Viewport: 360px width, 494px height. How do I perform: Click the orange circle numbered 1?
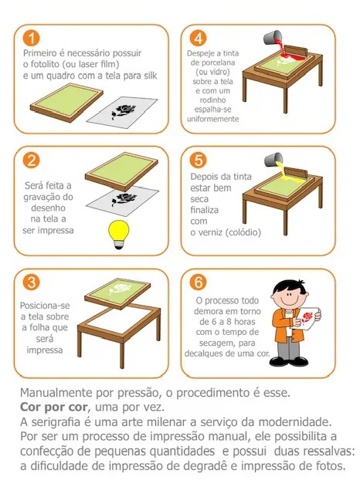[31, 39]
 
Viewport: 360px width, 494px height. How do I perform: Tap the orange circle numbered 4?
[199, 39]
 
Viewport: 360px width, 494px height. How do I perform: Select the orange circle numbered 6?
[199, 283]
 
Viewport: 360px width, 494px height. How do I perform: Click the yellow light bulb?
[119, 235]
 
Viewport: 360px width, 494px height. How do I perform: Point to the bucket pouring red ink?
[273, 38]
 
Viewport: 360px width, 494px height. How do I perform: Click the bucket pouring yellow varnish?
[273, 160]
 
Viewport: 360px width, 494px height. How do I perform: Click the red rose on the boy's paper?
[307, 317]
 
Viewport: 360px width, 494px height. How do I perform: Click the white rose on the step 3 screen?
[117, 289]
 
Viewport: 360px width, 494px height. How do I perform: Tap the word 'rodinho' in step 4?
[212, 100]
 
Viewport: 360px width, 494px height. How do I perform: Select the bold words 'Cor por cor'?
[53, 407]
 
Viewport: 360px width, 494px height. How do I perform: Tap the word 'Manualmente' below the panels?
[56, 393]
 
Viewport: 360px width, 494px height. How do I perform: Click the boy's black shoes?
[289, 361]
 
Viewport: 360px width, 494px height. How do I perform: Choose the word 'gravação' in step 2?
[48, 198]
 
